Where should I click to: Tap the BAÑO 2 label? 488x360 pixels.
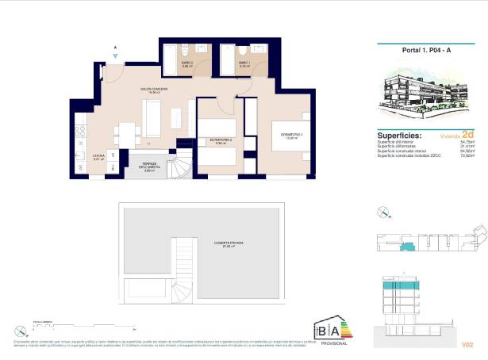[187, 64]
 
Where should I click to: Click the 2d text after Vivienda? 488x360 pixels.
[467, 134]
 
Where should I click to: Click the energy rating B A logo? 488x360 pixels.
[332, 331]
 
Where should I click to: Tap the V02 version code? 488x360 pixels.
[467, 345]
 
